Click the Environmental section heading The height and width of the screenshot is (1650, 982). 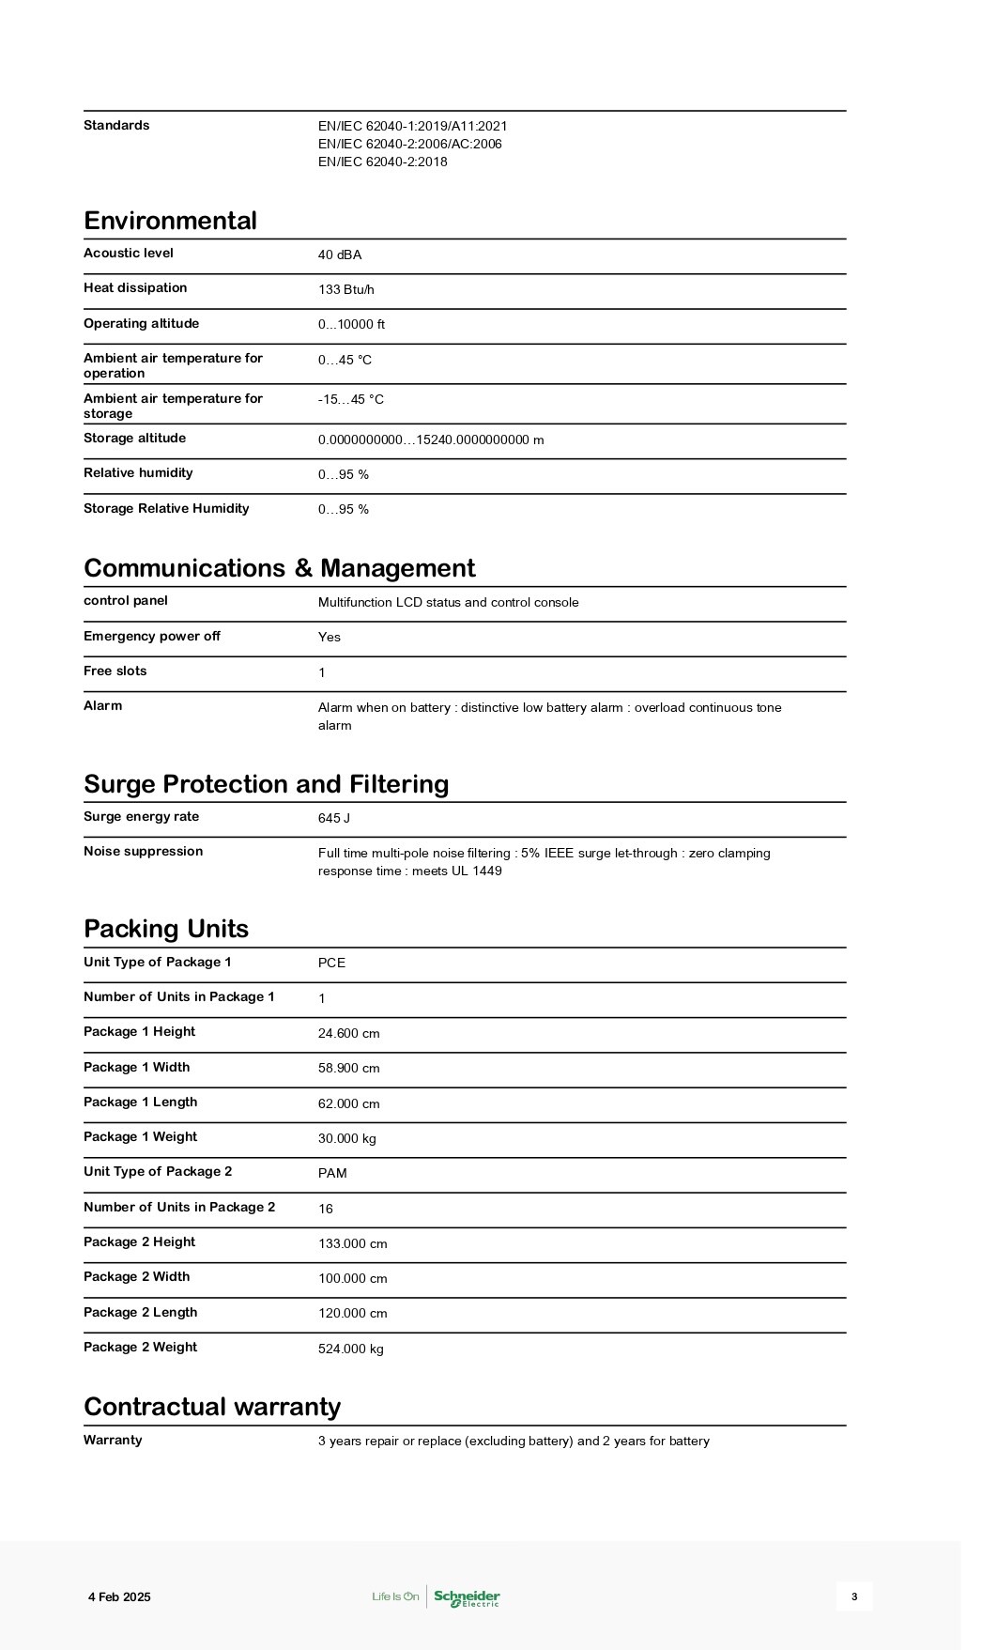tap(170, 221)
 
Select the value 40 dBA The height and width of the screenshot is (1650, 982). tap(340, 254)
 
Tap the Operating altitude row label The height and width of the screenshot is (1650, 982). tap(141, 323)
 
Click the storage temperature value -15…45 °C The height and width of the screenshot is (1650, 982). tap(351, 399)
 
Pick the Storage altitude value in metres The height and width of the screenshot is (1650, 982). tap(431, 439)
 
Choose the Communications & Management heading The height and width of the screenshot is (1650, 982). tap(279, 568)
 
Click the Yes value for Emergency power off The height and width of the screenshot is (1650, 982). tap(330, 637)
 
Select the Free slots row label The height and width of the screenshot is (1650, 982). tap(115, 671)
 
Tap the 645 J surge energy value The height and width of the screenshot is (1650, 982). tap(334, 818)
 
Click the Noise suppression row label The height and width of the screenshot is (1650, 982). tap(143, 851)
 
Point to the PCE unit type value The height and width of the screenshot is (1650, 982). tap(331, 963)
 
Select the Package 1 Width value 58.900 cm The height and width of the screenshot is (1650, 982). tap(349, 1068)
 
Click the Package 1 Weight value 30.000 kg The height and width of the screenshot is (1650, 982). tap(347, 1138)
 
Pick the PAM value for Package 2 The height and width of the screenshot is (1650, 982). tap(332, 1173)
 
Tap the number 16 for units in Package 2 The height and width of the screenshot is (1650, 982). tap(326, 1209)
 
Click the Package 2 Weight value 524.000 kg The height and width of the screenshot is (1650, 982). tap(351, 1349)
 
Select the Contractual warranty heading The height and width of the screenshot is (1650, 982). tap(212, 1407)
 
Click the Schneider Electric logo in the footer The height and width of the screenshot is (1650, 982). tap(467, 1597)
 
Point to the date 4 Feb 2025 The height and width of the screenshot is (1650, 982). tap(119, 1597)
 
